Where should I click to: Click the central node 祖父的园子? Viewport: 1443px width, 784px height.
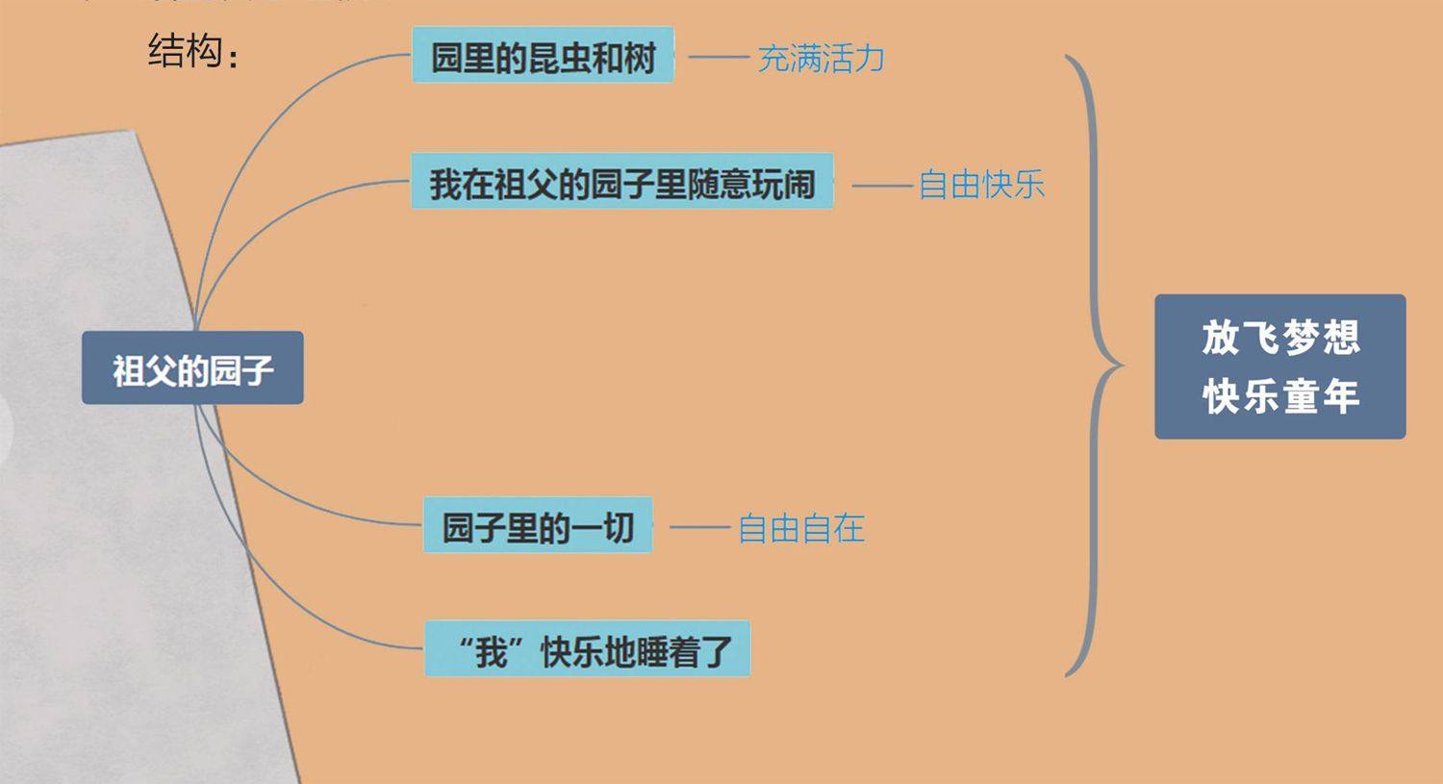click(192, 368)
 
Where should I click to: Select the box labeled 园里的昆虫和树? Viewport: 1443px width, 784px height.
click(543, 56)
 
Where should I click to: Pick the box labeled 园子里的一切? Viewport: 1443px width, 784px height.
click(538, 526)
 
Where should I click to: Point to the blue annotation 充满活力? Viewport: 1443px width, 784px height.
click(821, 59)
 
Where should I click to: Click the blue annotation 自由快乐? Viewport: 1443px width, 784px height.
click(981, 185)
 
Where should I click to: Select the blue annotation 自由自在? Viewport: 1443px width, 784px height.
click(800, 528)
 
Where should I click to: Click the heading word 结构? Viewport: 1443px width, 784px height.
click(186, 50)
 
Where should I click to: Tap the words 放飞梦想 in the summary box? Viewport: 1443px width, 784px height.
click(1280, 338)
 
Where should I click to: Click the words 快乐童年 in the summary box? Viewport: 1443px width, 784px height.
click(1280, 395)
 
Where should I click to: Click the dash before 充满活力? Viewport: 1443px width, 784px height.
click(719, 58)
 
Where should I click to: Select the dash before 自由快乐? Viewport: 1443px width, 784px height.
click(881, 185)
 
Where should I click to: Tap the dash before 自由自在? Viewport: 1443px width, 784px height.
click(699, 527)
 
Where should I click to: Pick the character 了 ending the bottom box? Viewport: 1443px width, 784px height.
click(716, 651)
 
